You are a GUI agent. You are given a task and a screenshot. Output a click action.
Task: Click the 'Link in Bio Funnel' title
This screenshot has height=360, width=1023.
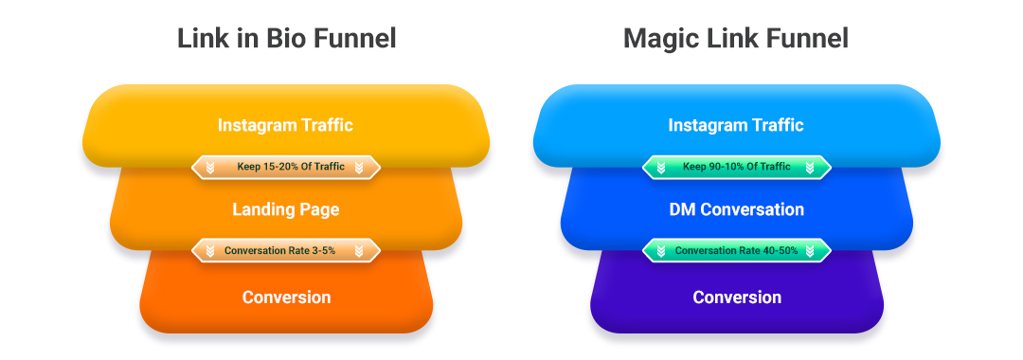(x=286, y=39)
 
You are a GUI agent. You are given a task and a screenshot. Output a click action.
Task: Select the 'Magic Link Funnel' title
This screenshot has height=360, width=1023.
(x=736, y=39)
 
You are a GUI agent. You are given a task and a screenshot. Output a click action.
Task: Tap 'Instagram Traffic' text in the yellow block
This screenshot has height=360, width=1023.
(x=285, y=125)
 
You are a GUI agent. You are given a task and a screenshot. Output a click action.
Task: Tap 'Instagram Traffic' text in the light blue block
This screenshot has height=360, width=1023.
(x=736, y=125)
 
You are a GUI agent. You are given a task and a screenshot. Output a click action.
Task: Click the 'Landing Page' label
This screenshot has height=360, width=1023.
(x=285, y=209)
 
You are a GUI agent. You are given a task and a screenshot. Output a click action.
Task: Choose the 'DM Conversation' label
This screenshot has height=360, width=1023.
(x=736, y=209)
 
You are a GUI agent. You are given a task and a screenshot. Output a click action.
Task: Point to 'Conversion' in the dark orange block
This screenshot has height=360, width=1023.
(x=286, y=297)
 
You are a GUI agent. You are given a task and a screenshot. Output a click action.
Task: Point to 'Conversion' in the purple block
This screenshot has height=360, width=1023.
(x=737, y=297)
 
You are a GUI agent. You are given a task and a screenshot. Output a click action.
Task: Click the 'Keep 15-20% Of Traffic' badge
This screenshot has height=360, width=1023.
(x=285, y=168)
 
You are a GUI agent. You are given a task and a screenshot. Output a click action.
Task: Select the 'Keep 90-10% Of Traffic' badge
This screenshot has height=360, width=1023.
(x=736, y=168)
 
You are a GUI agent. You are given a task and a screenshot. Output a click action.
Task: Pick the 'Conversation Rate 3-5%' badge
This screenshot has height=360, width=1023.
(x=285, y=251)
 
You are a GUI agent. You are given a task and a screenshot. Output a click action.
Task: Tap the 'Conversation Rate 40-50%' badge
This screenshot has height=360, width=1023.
(x=736, y=251)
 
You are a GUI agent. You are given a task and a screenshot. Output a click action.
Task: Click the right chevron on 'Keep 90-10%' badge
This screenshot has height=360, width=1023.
(x=810, y=168)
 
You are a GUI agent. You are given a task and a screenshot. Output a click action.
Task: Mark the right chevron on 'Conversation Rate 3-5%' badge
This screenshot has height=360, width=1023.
(x=359, y=251)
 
